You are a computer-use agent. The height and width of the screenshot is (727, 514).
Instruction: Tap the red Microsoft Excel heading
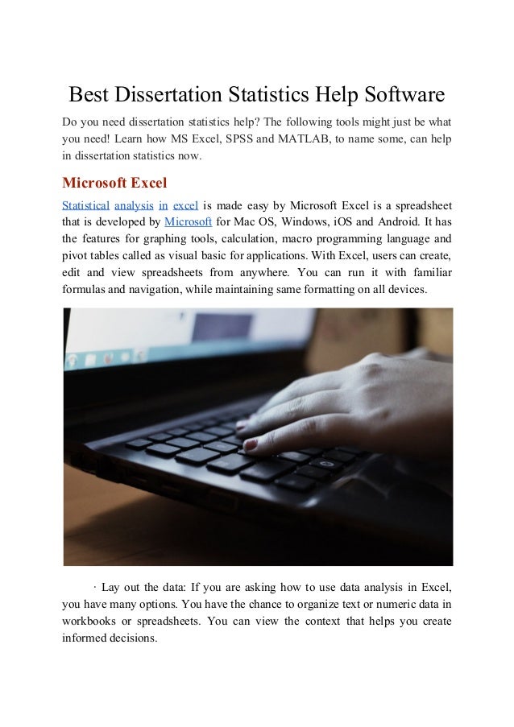[x=114, y=182]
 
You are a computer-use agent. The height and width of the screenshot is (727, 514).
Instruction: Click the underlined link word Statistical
[x=85, y=204]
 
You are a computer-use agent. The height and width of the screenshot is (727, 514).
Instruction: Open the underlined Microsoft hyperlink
[x=188, y=221]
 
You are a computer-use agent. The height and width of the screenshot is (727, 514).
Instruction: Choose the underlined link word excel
[x=186, y=204]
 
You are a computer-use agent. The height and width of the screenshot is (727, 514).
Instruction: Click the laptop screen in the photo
[x=185, y=346]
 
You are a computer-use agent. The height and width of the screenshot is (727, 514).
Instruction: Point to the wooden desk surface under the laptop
[x=242, y=539]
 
